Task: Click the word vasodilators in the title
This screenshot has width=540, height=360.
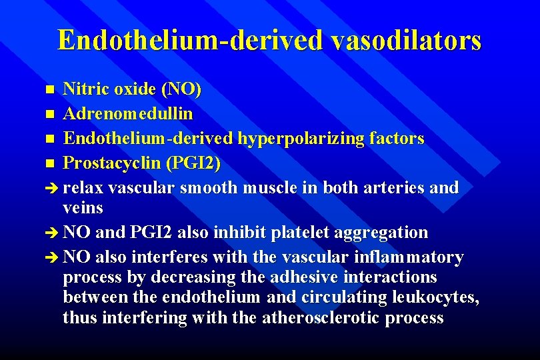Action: pos(406,40)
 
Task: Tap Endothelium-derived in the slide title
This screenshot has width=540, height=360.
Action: pos(191,40)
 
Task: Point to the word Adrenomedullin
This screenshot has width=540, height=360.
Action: pos(128,114)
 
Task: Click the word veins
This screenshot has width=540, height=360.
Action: pos(83,209)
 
